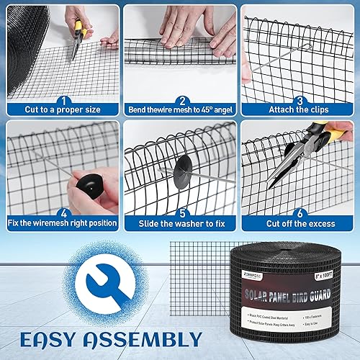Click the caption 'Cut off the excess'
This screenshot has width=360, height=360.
click(x=299, y=223)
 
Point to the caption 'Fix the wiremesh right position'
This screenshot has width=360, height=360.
click(x=62, y=223)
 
